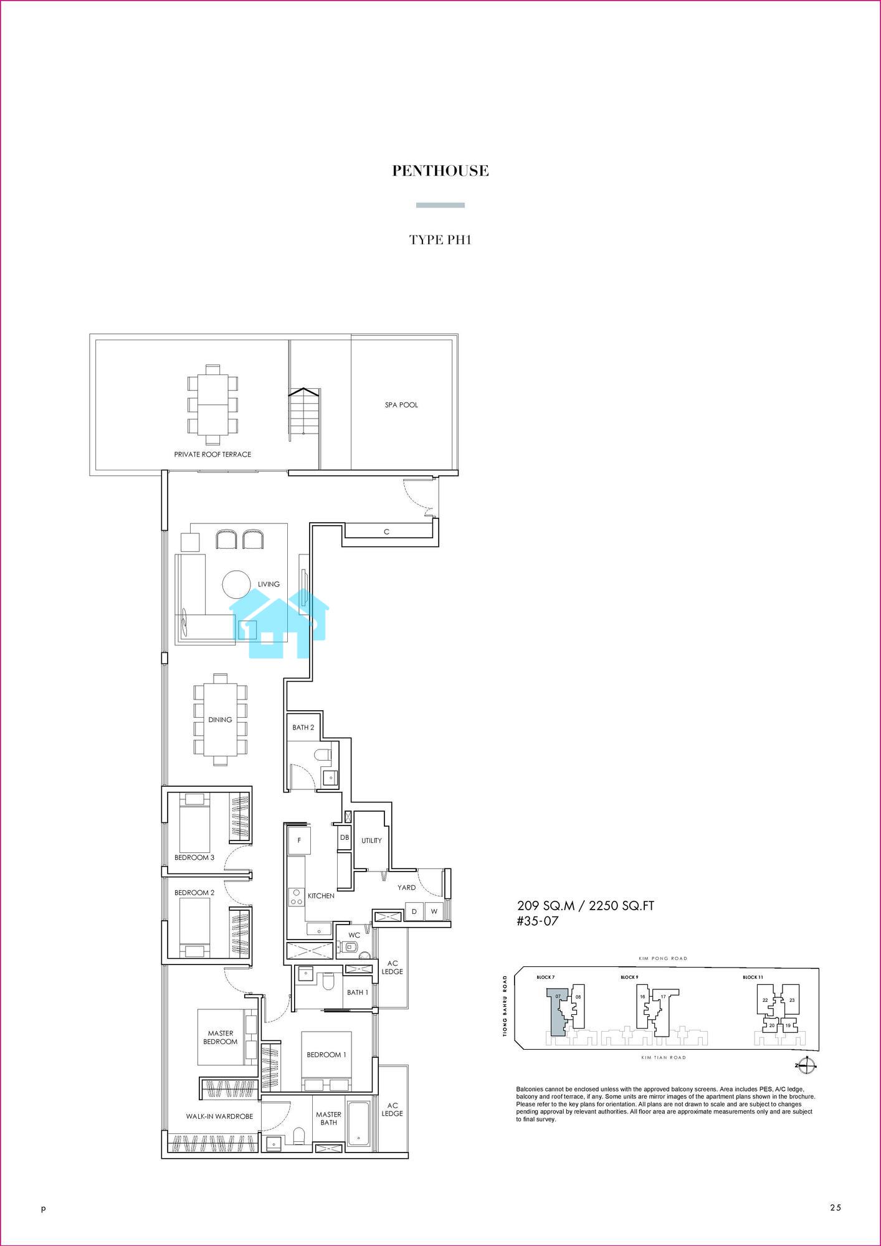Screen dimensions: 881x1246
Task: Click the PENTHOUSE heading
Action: click(440, 171)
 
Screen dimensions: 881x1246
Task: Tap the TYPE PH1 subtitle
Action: click(440, 240)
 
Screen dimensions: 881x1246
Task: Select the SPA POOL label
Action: click(401, 405)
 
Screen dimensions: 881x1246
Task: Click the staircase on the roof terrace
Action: click(303, 414)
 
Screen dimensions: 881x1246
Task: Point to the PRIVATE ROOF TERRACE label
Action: click(212, 454)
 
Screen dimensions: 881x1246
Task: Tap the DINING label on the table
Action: click(220, 720)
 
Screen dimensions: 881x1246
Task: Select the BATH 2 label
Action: click(303, 728)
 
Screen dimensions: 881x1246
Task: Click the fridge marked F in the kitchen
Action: click(299, 840)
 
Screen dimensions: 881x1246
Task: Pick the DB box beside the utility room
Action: click(345, 838)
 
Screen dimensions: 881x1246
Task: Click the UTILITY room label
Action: click(371, 840)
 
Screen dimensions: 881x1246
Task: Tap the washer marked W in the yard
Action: click(434, 911)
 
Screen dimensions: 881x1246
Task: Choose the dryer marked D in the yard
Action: click(414, 911)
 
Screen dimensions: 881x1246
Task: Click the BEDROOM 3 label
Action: click(194, 857)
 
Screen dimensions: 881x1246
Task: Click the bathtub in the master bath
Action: click(360, 1124)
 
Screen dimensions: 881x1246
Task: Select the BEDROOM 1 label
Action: click(326, 1055)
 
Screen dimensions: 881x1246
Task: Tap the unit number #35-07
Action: click(538, 921)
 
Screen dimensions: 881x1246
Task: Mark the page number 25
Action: click(836, 1208)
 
